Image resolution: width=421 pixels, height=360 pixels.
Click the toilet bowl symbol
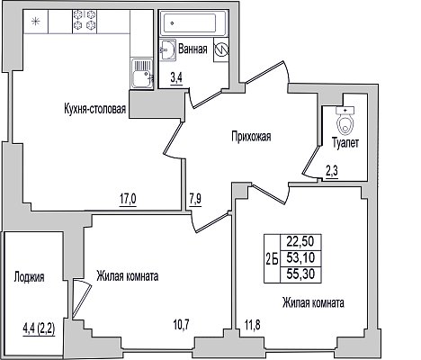(x=345, y=121)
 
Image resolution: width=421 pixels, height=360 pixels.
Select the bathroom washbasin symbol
(x=167, y=49)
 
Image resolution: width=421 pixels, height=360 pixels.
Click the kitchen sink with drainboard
(x=142, y=74)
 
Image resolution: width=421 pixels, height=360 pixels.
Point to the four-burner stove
(x=85, y=20)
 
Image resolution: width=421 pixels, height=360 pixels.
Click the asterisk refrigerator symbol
(x=36, y=22)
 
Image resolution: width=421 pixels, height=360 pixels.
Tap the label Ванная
(x=193, y=49)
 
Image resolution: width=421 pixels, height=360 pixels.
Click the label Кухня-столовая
(x=94, y=109)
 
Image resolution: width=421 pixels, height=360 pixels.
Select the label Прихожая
(x=251, y=137)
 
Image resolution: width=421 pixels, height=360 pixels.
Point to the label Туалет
(x=345, y=143)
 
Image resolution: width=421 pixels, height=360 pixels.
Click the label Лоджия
(x=29, y=277)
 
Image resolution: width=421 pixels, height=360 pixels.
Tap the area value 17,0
(x=128, y=199)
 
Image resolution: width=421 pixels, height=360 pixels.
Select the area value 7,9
(x=195, y=199)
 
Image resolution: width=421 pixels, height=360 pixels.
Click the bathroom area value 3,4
(x=176, y=78)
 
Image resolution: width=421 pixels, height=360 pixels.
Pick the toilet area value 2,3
(x=332, y=172)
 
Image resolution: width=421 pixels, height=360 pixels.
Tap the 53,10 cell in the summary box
(x=300, y=257)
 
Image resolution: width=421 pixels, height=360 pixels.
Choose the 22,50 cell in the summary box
(x=300, y=241)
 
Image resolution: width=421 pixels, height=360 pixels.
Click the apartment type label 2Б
(x=272, y=258)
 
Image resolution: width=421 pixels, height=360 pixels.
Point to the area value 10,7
(x=182, y=325)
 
